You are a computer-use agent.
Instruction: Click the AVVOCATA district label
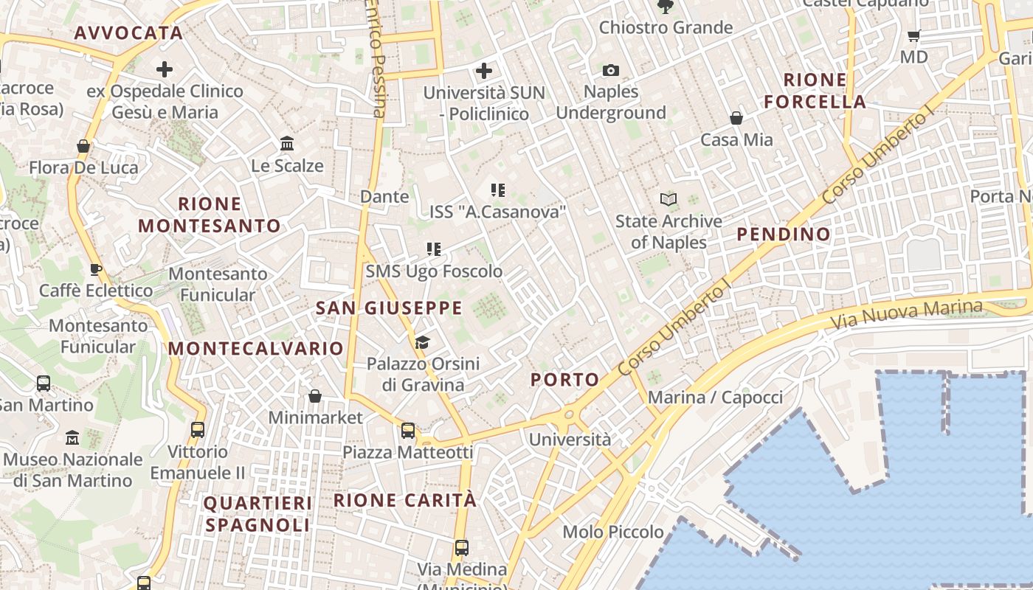click(128, 32)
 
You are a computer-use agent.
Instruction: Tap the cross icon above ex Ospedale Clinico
click(165, 70)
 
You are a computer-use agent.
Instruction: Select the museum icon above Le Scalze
click(287, 142)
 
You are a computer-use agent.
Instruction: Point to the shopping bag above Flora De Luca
click(83, 146)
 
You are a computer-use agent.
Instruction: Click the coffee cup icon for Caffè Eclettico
click(95, 269)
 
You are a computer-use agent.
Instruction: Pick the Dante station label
click(384, 196)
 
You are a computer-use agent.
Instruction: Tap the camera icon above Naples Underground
click(611, 71)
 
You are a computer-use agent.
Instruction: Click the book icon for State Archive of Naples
click(668, 199)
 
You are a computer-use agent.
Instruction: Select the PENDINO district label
click(784, 235)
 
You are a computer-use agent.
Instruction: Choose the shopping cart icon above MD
click(914, 35)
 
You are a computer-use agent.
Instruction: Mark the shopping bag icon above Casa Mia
click(736, 118)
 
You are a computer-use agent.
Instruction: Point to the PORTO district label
click(565, 380)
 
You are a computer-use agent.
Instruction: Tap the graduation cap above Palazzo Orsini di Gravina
click(422, 342)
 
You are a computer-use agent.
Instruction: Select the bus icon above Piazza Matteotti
click(408, 431)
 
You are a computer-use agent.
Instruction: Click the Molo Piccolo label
click(613, 532)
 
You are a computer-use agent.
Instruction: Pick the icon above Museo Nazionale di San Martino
click(72, 438)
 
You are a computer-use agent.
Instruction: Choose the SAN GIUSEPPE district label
click(389, 308)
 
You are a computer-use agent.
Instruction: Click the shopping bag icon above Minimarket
click(315, 397)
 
